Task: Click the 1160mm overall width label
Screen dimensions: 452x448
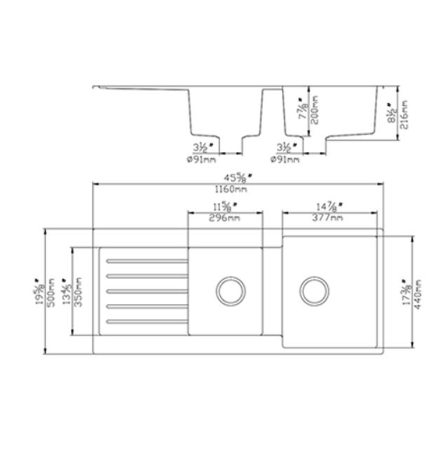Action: point(236,190)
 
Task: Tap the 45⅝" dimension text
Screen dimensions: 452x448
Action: point(236,178)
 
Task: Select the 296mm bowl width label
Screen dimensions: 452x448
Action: point(224,218)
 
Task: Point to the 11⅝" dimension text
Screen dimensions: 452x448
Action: point(225,206)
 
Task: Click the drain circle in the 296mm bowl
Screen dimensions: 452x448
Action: point(229,290)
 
